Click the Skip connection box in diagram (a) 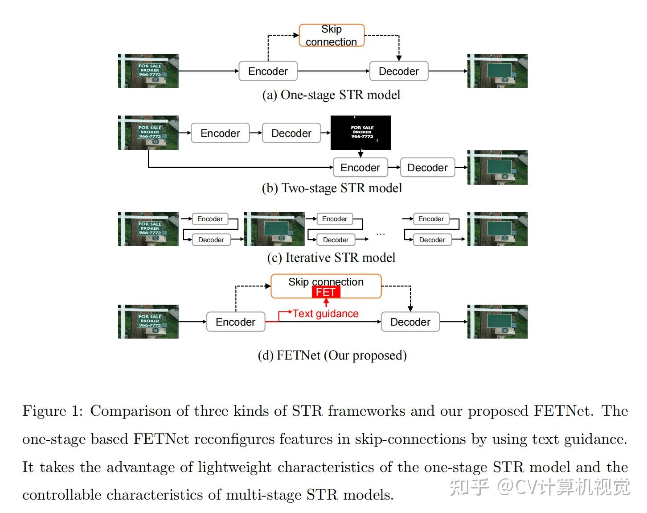coord(332,36)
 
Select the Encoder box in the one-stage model coord(268,71)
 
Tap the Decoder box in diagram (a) coord(398,71)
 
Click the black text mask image coord(360,132)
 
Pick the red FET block coord(326,292)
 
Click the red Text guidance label coord(325,314)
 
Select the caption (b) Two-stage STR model coord(332,188)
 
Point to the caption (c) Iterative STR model coord(331,258)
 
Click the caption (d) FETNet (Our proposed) coord(332,356)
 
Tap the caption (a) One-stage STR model coord(331,95)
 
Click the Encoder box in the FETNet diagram coord(236,322)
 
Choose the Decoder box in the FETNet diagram coord(410,322)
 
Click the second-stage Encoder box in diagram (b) coord(360,168)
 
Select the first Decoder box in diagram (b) coord(291,133)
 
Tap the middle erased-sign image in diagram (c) coord(274,229)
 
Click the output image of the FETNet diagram coord(497,322)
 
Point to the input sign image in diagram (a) coord(148,71)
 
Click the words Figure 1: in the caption coord(53,411)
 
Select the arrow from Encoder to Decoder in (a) coord(333,71)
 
